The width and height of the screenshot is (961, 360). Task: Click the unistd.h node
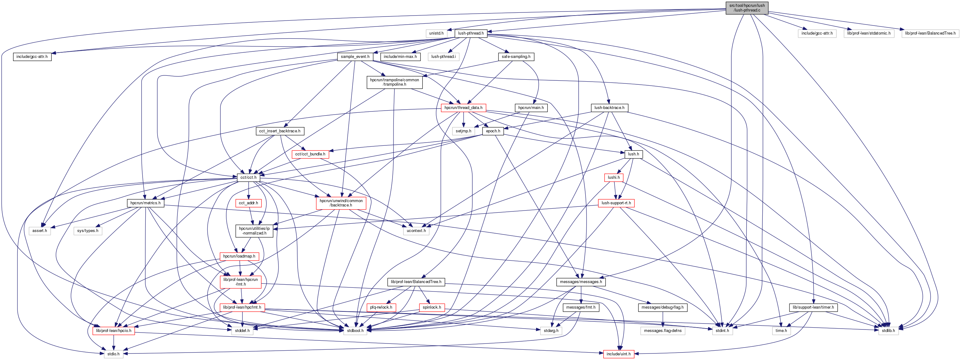436,33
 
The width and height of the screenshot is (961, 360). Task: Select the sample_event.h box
355,57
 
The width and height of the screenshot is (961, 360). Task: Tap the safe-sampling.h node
516,57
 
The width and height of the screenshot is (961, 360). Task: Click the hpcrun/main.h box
531,108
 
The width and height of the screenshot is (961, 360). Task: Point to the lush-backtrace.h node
609,108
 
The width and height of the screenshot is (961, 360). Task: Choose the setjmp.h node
463,131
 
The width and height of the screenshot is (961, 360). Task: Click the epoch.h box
493,131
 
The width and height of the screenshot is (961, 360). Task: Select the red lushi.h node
613,178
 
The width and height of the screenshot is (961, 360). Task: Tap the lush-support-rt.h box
616,203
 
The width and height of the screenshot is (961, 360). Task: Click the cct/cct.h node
248,178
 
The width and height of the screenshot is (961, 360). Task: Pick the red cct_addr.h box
248,203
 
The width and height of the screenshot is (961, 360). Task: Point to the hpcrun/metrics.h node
145,203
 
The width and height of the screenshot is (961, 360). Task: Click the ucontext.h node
416,230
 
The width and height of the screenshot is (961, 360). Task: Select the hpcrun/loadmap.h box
239,256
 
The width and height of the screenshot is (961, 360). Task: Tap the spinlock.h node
432,307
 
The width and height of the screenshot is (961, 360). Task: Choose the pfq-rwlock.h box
381,307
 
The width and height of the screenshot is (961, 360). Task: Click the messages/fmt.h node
581,307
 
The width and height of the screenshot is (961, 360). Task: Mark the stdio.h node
113,354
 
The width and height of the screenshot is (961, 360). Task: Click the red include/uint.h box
618,354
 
